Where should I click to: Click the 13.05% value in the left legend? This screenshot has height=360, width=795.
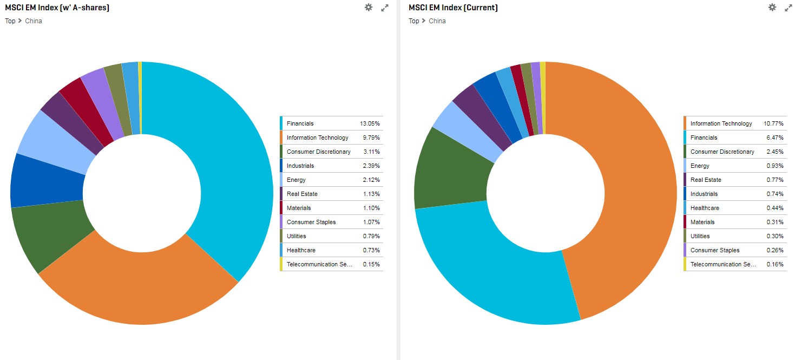[x=370, y=123]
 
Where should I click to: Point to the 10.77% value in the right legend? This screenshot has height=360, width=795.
[x=773, y=123]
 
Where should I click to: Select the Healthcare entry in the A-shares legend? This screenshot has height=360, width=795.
[x=301, y=250]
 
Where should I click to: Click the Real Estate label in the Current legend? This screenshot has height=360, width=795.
[x=706, y=180]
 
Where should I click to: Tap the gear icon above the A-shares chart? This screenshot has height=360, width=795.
[x=369, y=8]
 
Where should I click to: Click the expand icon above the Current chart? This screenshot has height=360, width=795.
[x=789, y=8]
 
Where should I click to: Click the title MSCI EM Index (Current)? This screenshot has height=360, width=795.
[x=453, y=8]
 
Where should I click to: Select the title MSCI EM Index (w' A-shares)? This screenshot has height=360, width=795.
[x=57, y=8]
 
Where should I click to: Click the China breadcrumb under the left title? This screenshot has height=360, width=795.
[x=34, y=21]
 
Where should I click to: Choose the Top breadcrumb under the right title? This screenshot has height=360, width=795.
[x=413, y=21]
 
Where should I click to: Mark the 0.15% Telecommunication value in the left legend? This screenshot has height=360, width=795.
[x=371, y=264]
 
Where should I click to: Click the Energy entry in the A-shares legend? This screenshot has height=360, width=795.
[x=296, y=180]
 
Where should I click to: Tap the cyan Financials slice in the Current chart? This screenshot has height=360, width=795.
[x=487, y=271]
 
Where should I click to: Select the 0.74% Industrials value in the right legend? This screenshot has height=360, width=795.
[x=775, y=194]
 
